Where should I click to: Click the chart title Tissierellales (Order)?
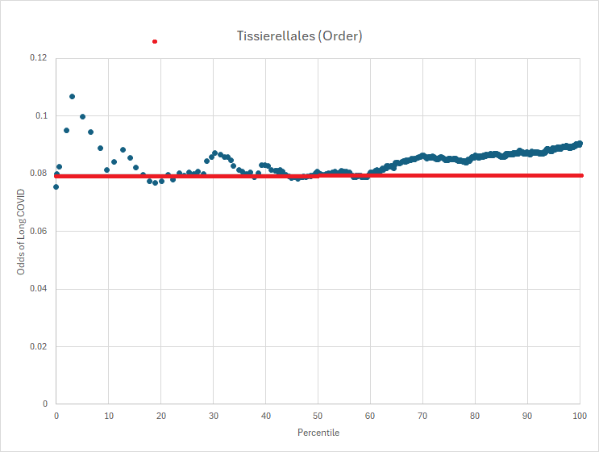point(299,36)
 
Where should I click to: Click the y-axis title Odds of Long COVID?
point(22,231)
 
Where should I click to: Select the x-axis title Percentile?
point(318,433)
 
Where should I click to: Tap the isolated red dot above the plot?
point(155,41)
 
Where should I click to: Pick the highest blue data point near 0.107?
point(72,96)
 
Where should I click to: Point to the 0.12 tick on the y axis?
point(39,58)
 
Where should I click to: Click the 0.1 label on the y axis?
point(41,116)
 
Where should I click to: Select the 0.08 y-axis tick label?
point(39,174)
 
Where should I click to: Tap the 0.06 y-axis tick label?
point(39,232)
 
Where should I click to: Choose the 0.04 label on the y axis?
point(39,289)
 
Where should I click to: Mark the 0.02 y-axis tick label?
point(39,347)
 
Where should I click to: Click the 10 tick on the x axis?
point(108,415)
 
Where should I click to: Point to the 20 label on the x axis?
point(160,415)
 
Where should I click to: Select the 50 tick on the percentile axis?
point(318,415)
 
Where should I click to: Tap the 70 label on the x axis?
point(422,415)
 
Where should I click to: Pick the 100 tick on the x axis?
point(579,415)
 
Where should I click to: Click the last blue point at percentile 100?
point(579,144)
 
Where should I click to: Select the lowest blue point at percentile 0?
point(56,186)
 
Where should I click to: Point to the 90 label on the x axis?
point(527,415)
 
